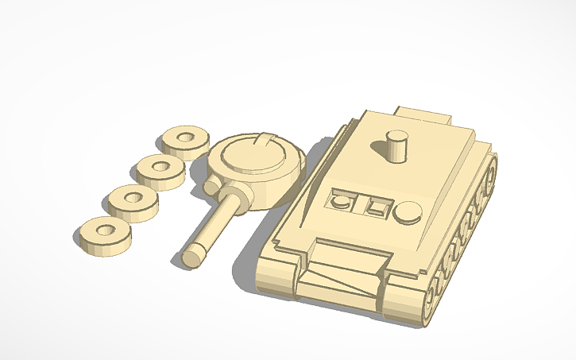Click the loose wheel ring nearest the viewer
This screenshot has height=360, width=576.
[103, 234]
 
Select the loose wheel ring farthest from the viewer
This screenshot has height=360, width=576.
[187, 140]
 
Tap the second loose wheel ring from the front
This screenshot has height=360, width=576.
[133, 199]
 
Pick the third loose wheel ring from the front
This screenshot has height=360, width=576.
[160, 169]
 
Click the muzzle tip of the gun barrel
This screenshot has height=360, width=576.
[191, 257]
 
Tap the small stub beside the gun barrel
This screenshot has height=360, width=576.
[211, 187]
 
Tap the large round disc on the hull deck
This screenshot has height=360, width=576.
[408, 211]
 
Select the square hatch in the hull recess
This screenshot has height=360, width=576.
[375, 207]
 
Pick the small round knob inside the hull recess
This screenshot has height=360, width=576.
[341, 202]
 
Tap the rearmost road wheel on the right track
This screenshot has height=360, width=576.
[492, 170]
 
